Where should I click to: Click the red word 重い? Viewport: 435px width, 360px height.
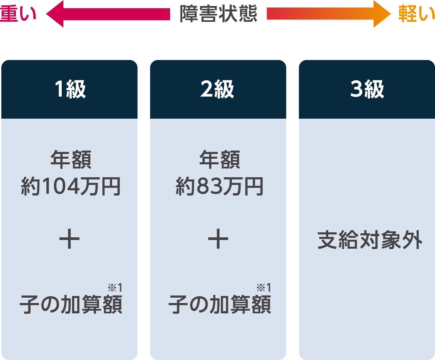[18, 14]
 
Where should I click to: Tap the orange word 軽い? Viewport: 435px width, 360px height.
[416, 14]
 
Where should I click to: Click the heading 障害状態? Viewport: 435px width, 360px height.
[218, 14]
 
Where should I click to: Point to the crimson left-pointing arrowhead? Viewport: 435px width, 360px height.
[55, 14]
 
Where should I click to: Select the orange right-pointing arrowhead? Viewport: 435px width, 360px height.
[382, 14]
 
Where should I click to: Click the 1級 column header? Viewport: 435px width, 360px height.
[70, 89]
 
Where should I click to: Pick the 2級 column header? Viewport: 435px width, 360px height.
[217, 89]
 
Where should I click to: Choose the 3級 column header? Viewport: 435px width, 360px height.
[367, 89]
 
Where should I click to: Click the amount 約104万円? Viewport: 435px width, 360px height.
[71, 186]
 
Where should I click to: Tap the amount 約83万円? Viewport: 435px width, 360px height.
[220, 186]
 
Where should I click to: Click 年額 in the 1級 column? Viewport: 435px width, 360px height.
[71, 159]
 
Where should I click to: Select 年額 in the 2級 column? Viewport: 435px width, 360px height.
[220, 159]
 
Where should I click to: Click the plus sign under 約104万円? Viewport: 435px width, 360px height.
[69, 239]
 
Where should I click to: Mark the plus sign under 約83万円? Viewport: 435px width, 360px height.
[218, 239]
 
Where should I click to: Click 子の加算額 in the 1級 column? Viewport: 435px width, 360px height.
[71, 304]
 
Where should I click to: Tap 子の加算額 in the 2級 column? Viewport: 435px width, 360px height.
[220, 304]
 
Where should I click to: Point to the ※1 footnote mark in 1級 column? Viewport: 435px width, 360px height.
[115, 288]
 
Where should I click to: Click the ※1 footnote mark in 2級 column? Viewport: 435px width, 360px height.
[264, 288]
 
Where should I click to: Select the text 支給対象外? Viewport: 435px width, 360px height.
[370, 240]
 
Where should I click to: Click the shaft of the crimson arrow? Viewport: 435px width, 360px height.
[117, 14]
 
